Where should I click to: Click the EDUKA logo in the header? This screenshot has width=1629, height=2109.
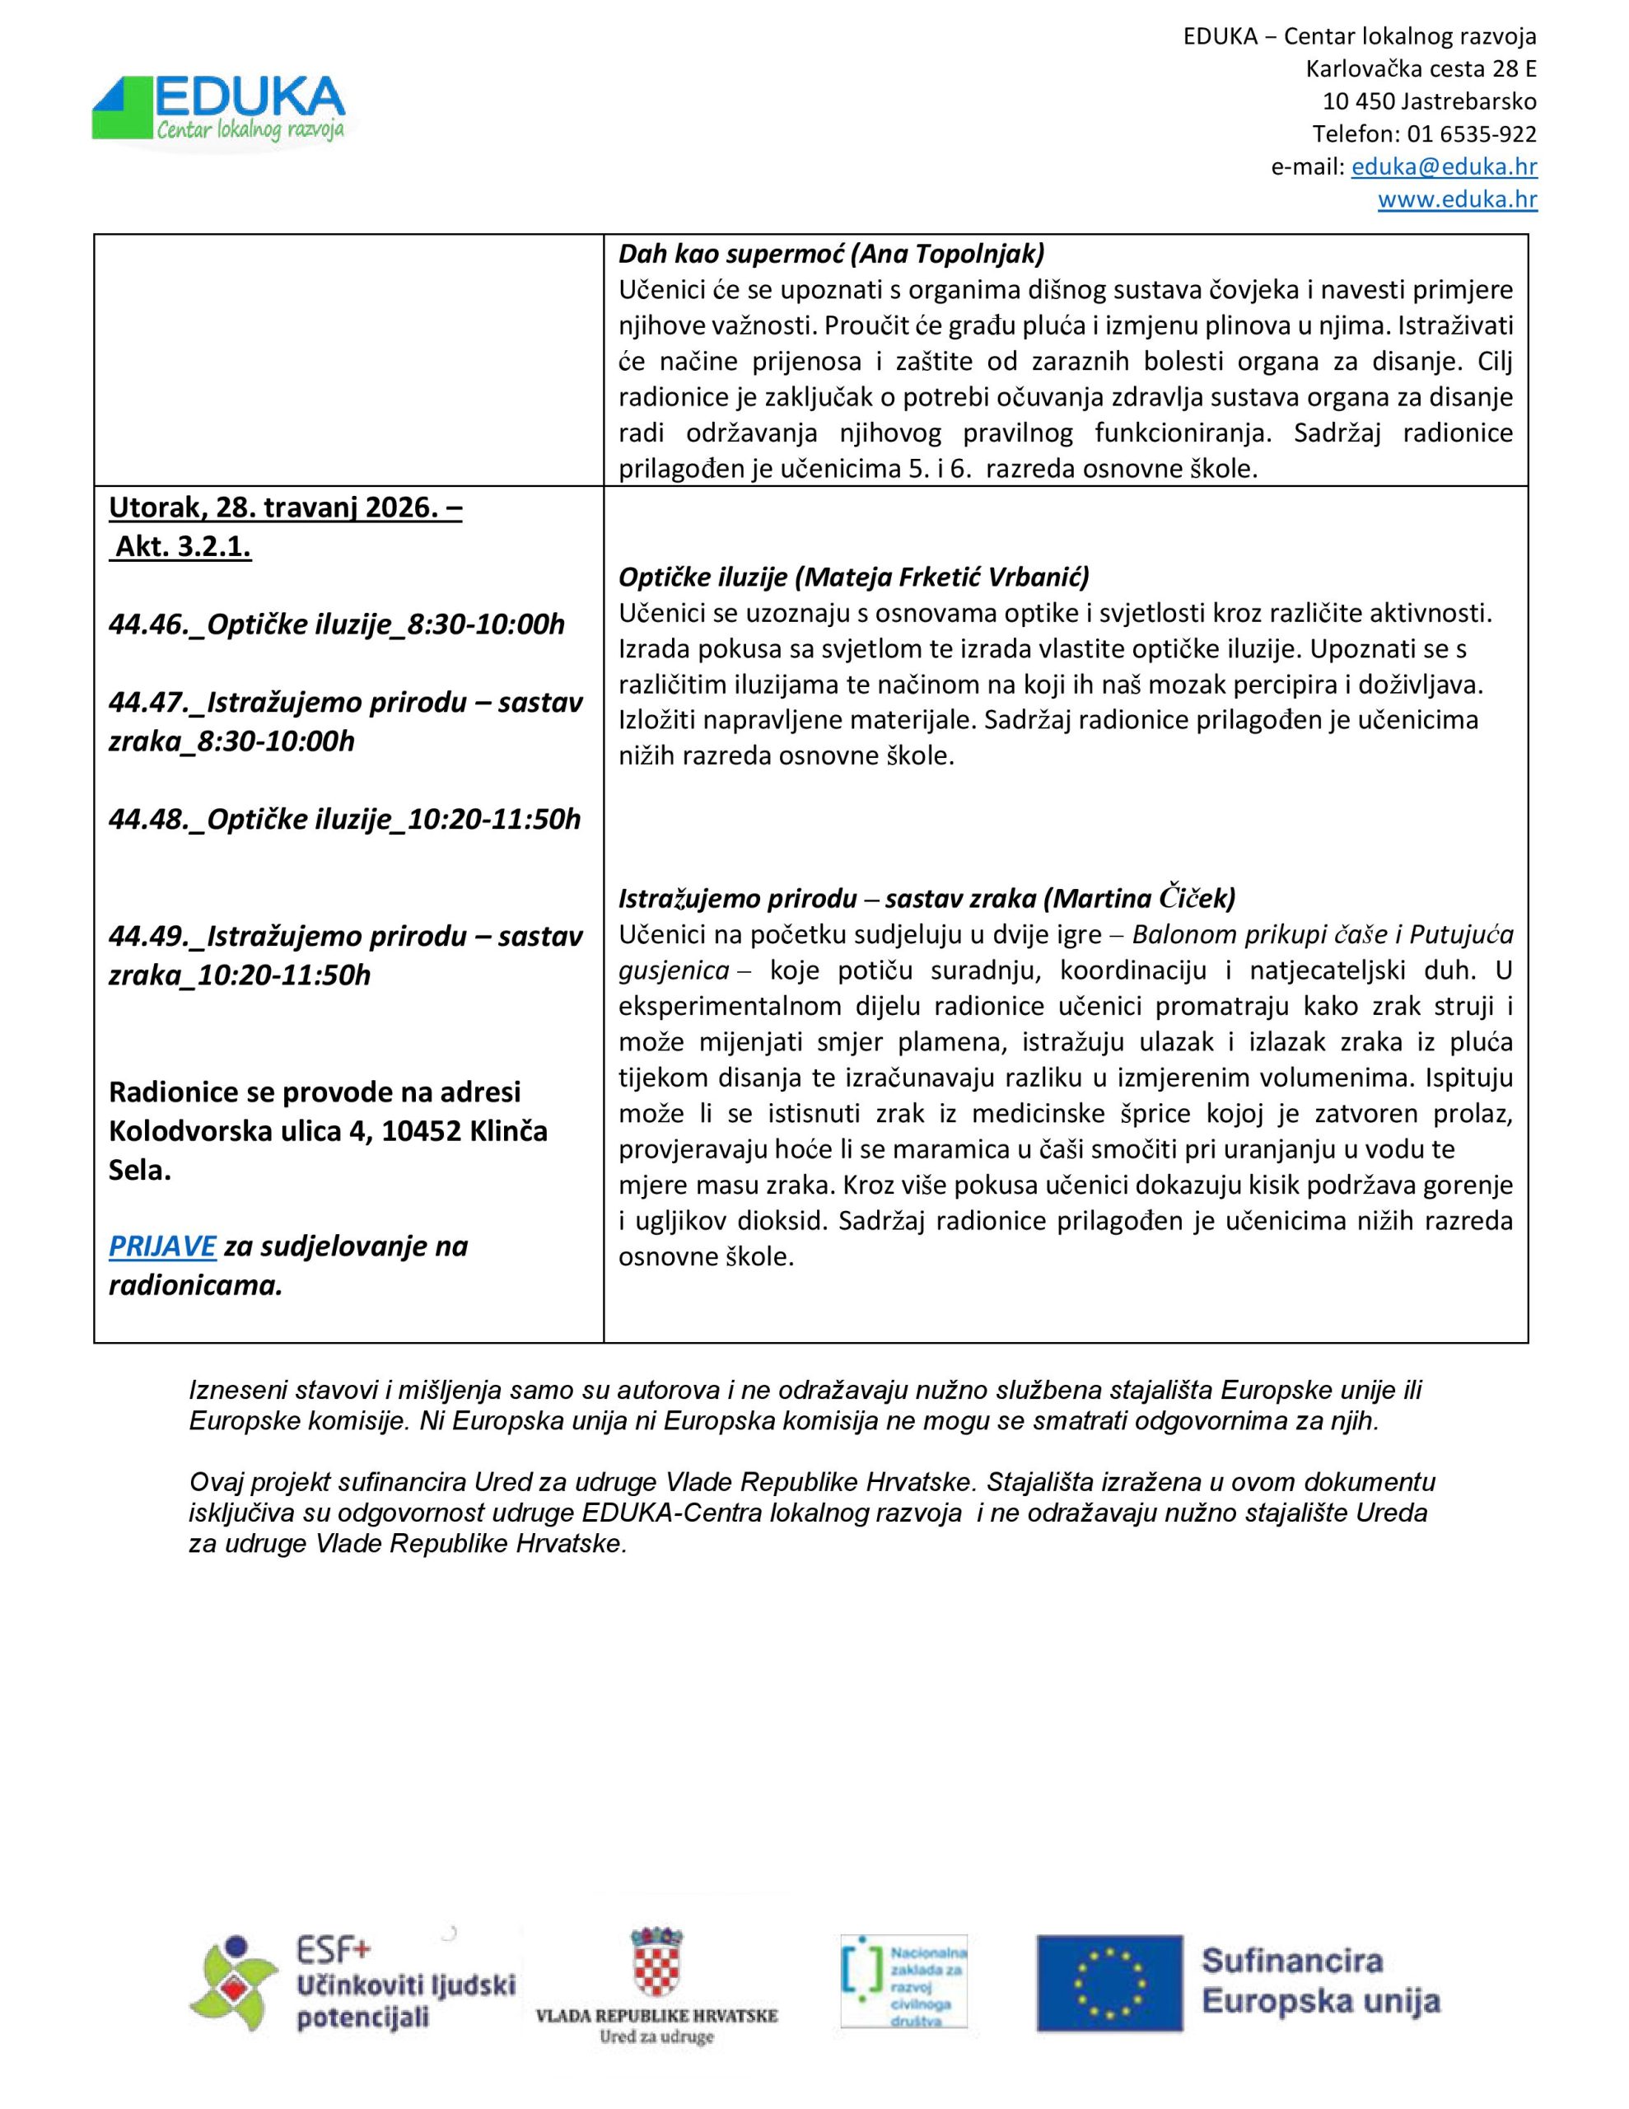click(x=219, y=111)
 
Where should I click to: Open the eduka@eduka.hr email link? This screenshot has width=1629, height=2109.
click(x=1444, y=166)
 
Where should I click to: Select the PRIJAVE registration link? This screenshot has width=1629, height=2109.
click(x=162, y=1246)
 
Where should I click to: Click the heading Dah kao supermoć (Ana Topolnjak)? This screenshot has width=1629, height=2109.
click(x=832, y=254)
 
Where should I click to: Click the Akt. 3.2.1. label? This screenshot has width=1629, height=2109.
click(x=184, y=546)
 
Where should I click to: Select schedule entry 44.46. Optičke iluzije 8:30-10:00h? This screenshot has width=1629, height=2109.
click(x=336, y=624)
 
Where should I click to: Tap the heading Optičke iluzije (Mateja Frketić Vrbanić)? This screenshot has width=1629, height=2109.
click(x=853, y=577)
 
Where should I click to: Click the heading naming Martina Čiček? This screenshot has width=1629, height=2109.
click(x=926, y=898)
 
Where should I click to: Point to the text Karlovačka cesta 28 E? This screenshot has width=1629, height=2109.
click(x=1421, y=68)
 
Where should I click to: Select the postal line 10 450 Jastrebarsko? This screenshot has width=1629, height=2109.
click(x=1429, y=101)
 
